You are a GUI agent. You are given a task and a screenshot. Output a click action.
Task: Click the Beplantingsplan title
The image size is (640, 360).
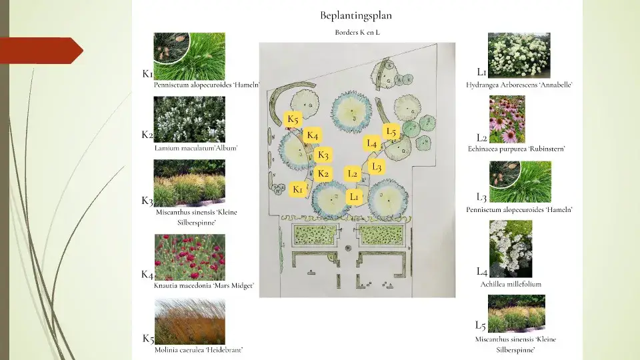click(x=356, y=15)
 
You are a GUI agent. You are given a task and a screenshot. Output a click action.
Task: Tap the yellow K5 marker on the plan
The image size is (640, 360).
click(x=293, y=119)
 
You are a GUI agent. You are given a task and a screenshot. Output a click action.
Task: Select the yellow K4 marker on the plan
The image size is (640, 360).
click(x=312, y=135)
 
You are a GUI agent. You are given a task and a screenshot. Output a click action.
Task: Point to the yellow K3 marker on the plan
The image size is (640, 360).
click(x=323, y=155)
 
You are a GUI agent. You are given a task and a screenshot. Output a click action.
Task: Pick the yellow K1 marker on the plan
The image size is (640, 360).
click(x=297, y=189)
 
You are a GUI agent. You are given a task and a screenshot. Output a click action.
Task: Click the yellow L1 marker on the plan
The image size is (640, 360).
click(x=354, y=197)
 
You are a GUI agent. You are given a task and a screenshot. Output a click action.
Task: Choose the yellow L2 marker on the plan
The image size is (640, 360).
click(x=352, y=174)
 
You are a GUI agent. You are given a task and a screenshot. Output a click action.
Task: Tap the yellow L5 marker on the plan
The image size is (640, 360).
click(x=391, y=131)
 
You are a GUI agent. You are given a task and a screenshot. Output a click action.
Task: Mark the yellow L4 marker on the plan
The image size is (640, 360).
click(x=372, y=143)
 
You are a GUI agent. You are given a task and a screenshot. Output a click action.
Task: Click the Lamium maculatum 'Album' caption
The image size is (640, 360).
click(x=196, y=148)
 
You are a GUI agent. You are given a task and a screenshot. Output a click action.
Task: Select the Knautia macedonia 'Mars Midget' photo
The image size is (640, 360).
click(x=190, y=257)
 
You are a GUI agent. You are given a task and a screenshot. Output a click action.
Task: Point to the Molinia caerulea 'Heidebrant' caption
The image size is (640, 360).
click(x=199, y=350)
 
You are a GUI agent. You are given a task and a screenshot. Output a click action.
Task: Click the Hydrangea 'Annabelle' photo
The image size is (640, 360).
click(x=519, y=55)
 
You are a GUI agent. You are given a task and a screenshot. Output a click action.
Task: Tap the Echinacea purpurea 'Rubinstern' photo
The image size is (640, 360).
click(x=507, y=119)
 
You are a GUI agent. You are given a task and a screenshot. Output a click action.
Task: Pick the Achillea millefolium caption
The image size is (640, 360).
click(x=511, y=284)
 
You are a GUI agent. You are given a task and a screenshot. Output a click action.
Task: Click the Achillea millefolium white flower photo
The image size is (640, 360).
click(x=511, y=249)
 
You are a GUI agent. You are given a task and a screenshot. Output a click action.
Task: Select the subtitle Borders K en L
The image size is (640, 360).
click(x=357, y=32)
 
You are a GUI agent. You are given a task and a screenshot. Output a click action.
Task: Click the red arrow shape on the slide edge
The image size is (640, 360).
click(x=41, y=51)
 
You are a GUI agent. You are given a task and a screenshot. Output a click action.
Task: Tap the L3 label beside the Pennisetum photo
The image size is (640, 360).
click(x=481, y=197)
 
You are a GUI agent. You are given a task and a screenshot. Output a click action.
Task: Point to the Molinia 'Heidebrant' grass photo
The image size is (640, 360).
click(x=190, y=321)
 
